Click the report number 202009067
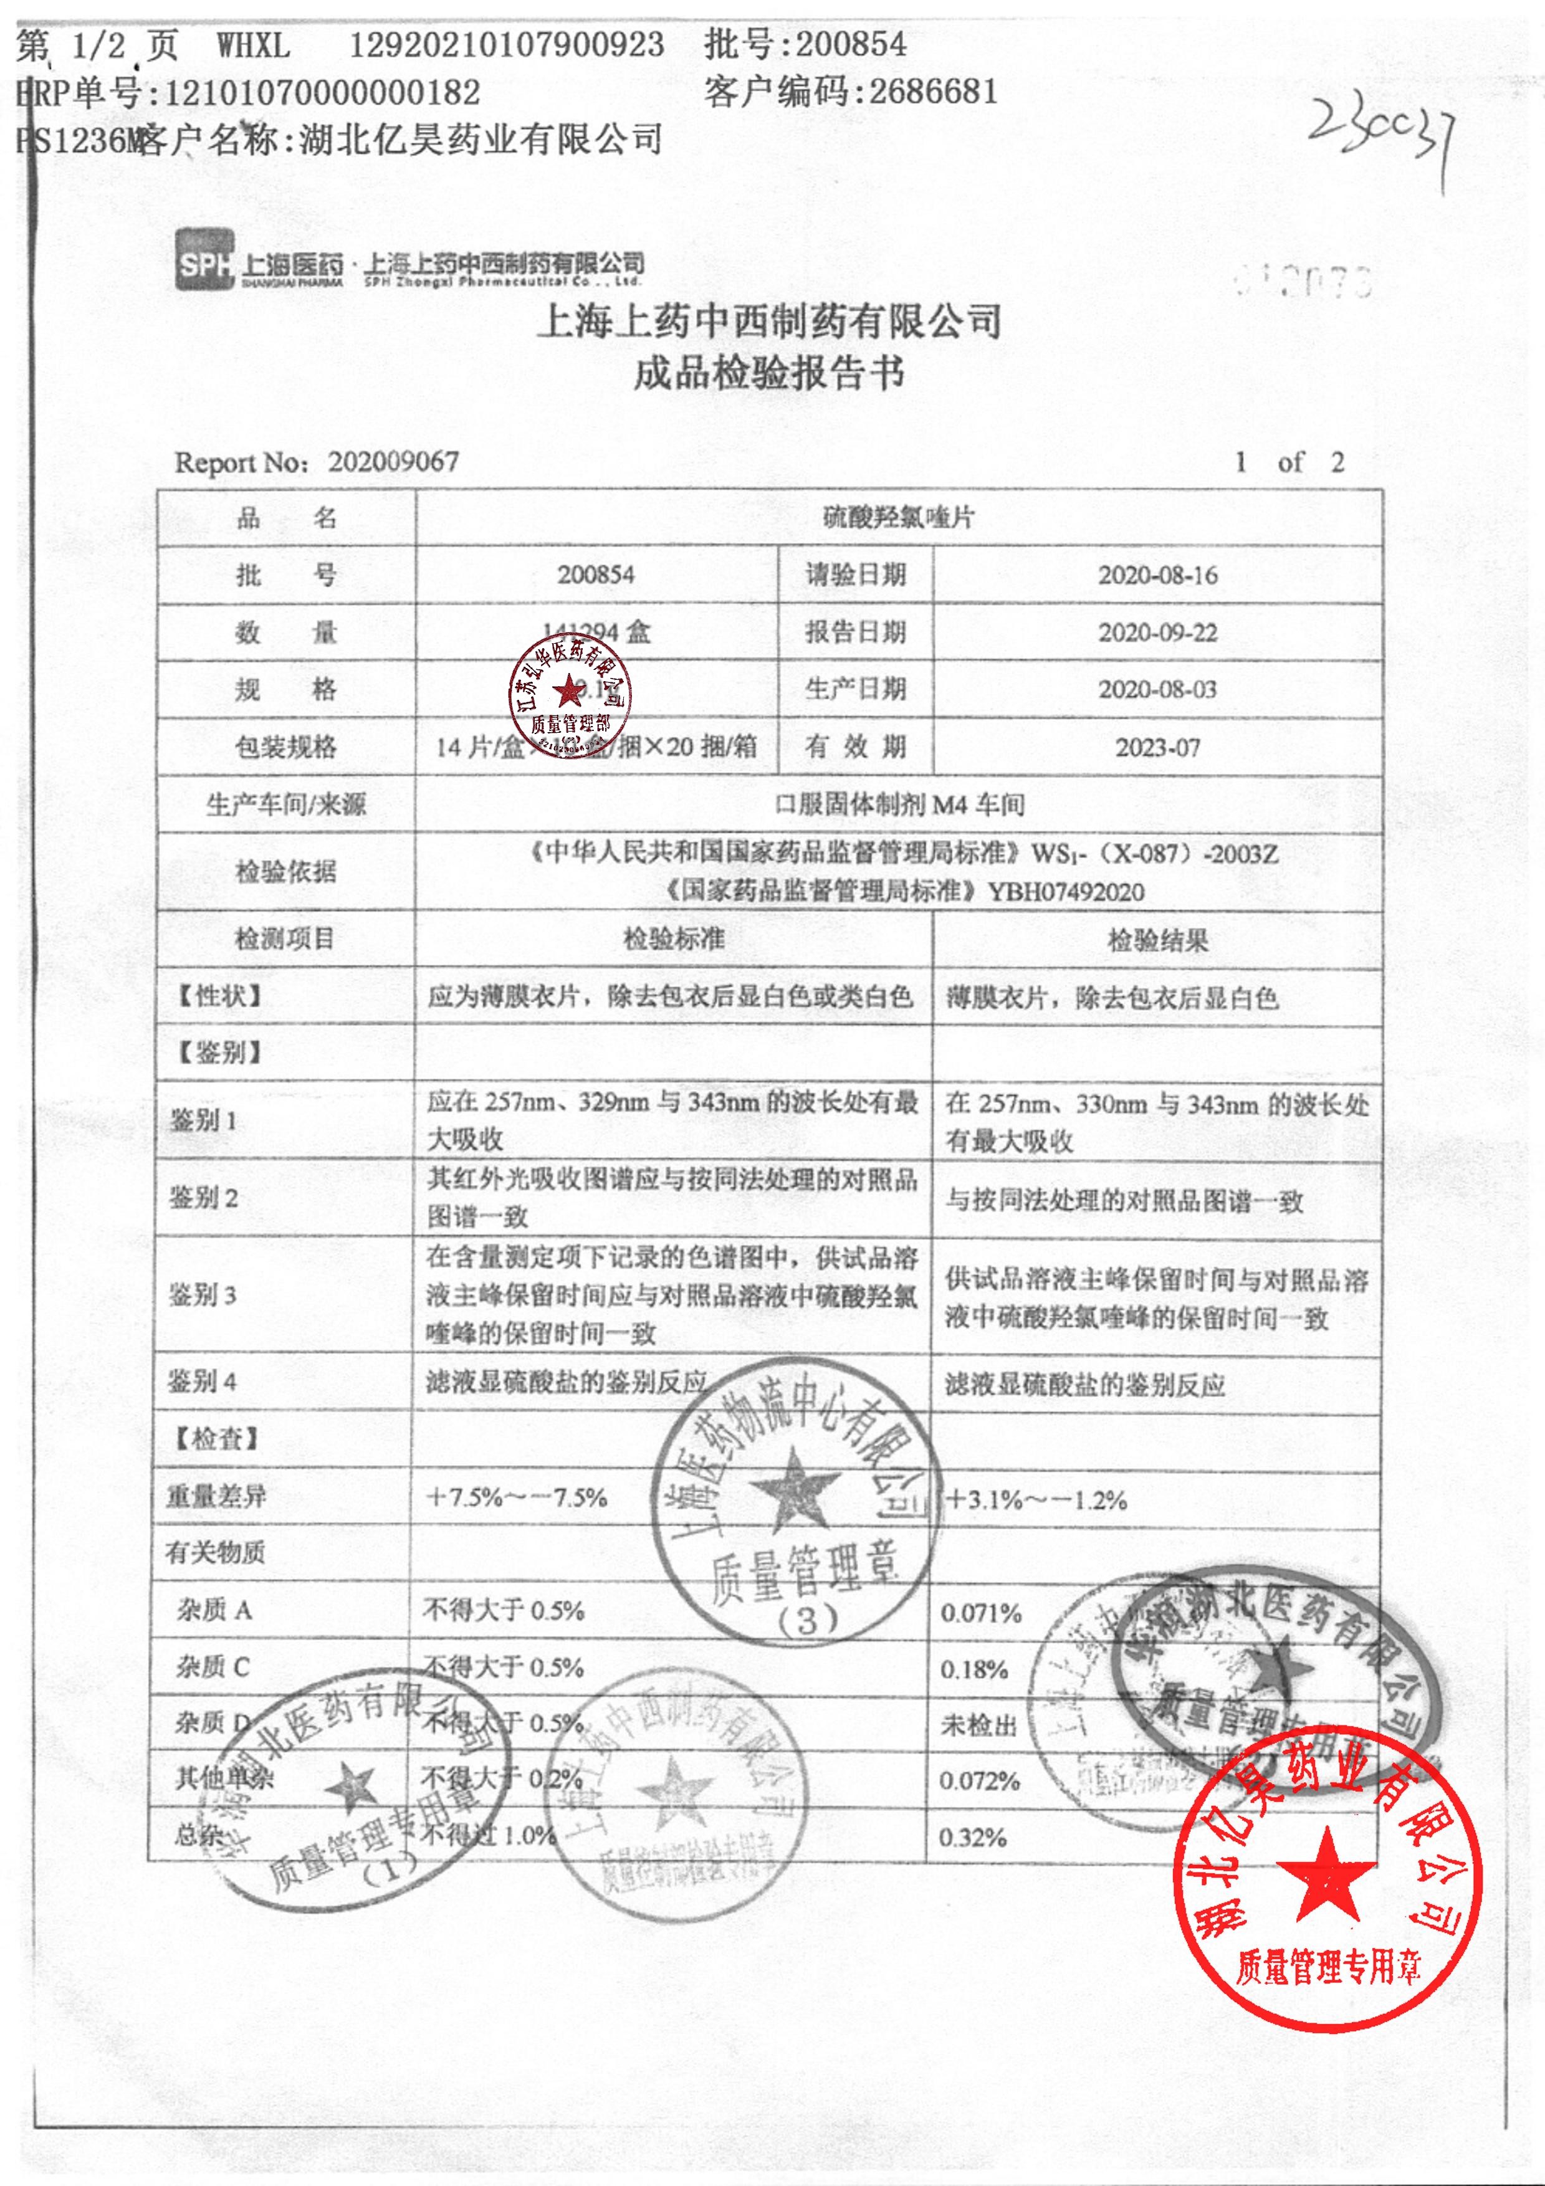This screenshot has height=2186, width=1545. click(393, 463)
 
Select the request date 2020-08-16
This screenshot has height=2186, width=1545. click(1157, 575)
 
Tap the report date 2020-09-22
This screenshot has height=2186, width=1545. click(1157, 633)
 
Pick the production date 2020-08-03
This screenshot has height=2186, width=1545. click(1157, 689)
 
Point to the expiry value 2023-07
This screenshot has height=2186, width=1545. click(1157, 747)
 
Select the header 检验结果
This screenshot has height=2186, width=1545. click(1157, 941)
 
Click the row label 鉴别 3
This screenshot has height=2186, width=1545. click(202, 1295)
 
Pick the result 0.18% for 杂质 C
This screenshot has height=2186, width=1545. click(974, 1669)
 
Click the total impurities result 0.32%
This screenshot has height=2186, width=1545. click(973, 1838)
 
